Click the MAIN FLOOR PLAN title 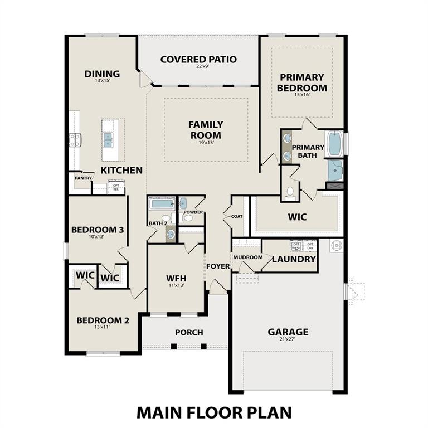coord(214,412)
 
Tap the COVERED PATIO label coord(198,59)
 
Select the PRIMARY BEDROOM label coord(303,82)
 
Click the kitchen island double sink coord(108,139)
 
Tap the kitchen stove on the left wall coord(75,140)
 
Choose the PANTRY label coord(83,178)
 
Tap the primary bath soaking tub coord(334,144)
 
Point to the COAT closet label coord(237,216)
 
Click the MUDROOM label coord(247,257)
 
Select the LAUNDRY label coord(294,259)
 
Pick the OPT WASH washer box coord(296,245)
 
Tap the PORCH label coord(189,332)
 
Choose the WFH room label coord(176,278)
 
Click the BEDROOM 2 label coord(103,320)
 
